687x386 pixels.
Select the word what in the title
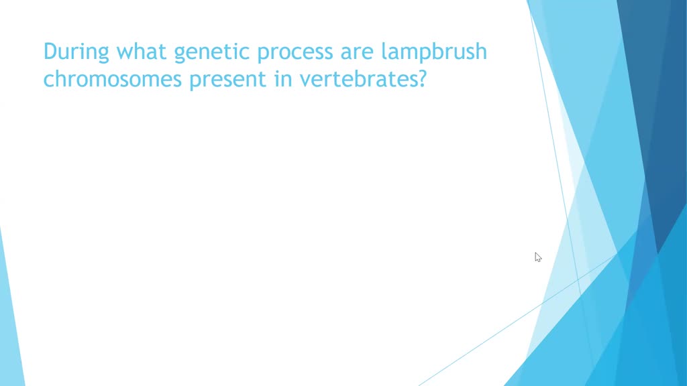pos(137,52)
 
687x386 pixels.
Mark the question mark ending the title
pos(421,79)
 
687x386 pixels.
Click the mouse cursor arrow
pos(537,257)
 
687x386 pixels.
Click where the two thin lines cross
pos(579,277)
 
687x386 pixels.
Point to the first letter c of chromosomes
pos(48,81)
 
